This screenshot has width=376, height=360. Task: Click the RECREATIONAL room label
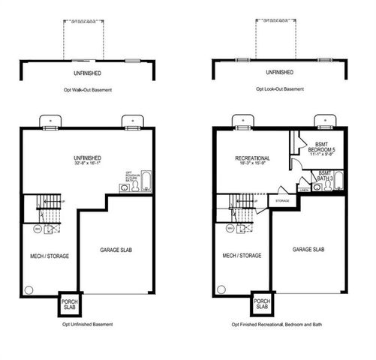coord(252,158)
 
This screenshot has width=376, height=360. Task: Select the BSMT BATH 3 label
coord(324,175)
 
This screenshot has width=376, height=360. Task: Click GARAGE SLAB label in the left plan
coord(117,250)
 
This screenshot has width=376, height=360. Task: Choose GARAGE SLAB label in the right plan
coord(308,250)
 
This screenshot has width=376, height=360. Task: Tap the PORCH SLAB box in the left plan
coord(68,304)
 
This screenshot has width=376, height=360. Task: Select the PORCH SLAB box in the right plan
coord(261,304)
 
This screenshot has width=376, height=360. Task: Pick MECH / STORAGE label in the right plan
coord(242,256)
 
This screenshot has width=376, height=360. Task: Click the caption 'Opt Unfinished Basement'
coord(88,325)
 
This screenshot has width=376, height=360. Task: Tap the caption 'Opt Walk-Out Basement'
coord(88,89)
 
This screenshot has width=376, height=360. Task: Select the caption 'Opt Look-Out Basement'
coord(279,89)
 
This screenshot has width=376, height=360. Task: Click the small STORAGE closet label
coord(282,201)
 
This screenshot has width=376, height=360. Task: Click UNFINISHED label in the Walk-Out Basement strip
coord(88,73)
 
